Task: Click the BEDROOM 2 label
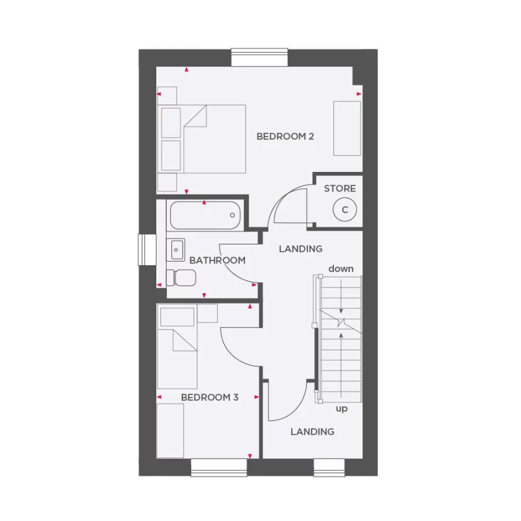tap(285, 137)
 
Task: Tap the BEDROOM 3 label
tap(210, 397)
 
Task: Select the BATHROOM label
tap(217, 260)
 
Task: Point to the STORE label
tap(340, 189)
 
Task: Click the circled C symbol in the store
tap(345, 210)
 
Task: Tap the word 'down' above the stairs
tap(341, 269)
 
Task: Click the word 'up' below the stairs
tap(342, 409)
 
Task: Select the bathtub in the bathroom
tap(205, 215)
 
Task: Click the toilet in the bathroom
tap(181, 277)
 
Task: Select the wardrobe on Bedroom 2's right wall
tap(347, 128)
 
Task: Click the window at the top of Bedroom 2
tap(259, 57)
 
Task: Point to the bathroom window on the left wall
tap(146, 250)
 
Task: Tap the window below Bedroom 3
tap(219, 468)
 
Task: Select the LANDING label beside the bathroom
tap(300, 249)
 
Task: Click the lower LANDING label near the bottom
tap(313, 431)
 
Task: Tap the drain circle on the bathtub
tap(233, 215)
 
